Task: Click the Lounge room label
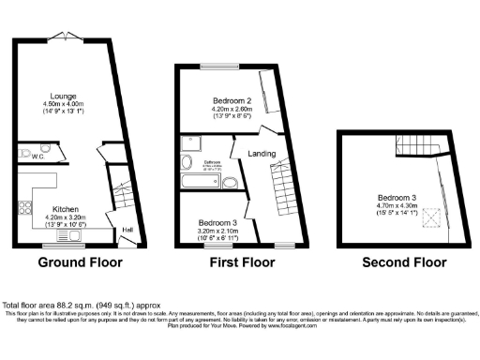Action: [x=64, y=96]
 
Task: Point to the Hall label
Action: [x=127, y=229]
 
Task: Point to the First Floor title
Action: [x=240, y=263]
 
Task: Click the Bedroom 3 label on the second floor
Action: [x=397, y=198]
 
